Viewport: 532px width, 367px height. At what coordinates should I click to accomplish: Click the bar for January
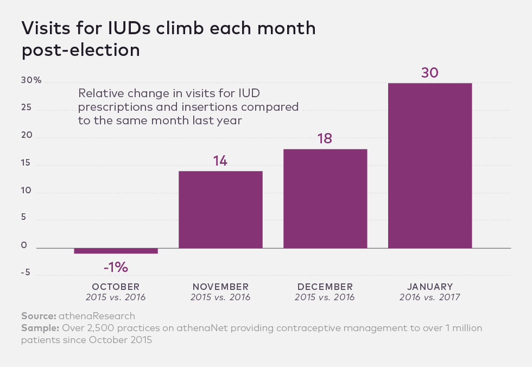click(x=429, y=166)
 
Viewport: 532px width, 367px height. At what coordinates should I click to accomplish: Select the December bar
click(x=325, y=199)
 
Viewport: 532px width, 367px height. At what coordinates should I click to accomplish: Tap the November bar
click(x=220, y=210)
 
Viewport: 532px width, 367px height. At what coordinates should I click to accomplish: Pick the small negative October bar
click(x=116, y=251)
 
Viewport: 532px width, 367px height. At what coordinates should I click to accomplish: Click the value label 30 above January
click(x=429, y=73)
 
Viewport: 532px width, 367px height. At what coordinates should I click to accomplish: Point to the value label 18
click(x=325, y=138)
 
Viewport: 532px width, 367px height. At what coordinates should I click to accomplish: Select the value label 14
click(x=220, y=161)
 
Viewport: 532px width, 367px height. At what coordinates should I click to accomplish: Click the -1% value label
click(x=115, y=267)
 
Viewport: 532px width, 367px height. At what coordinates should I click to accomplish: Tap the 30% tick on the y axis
click(x=31, y=80)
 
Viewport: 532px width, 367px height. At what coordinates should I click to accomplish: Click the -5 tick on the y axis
click(x=26, y=273)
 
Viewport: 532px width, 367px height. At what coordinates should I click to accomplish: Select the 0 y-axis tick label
click(x=24, y=245)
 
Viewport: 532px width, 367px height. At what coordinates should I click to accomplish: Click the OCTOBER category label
click(x=116, y=287)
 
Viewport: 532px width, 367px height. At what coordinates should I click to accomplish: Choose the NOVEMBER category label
click(x=220, y=287)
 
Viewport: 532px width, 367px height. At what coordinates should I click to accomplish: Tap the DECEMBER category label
click(x=325, y=287)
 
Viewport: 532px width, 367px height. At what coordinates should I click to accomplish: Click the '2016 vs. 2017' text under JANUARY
click(x=429, y=298)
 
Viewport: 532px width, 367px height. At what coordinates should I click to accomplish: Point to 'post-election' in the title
click(x=81, y=50)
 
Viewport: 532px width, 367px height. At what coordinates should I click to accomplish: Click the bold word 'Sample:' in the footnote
click(x=41, y=328)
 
